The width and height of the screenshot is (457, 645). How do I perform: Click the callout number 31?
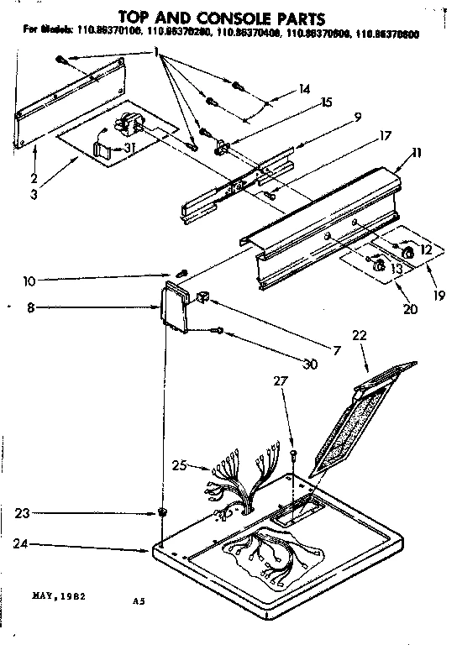tap(129, 149)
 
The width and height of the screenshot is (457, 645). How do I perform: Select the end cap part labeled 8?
tap(175, 308)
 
